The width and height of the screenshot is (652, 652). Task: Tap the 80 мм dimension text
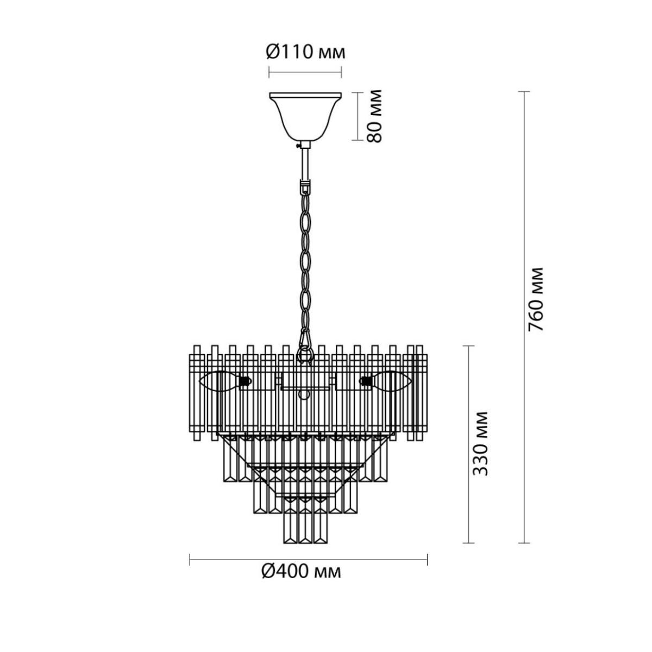coord(374,116)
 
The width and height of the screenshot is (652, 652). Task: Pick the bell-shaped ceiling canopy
coord(305,116)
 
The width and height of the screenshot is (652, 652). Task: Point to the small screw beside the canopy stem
coord(298,146)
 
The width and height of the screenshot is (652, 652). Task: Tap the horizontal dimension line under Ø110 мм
coord(305,72)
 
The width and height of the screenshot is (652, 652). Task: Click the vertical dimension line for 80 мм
coord(358,116)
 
